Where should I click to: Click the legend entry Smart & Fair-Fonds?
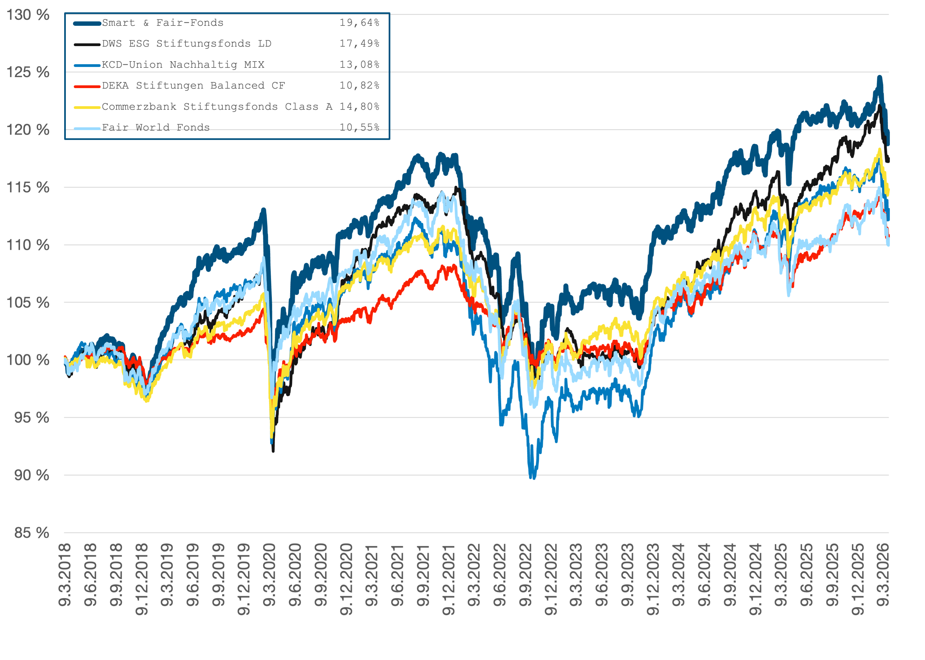(163, 23)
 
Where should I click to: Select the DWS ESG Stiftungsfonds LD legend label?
(186, 44)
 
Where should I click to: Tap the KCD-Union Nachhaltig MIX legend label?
(183, 65)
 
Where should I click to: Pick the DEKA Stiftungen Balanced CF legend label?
(193, 86)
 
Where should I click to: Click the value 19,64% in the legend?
(359, 23)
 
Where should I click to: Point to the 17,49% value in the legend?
(359, 44)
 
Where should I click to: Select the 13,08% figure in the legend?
(359, 65)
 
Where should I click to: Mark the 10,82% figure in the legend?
(359, 86)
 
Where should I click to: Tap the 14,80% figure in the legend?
(359, 107)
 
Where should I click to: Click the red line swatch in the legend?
(87, 86)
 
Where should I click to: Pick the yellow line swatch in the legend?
(87, 107)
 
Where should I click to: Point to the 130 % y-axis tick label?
(28, 15)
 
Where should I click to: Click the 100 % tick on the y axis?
(28, 360)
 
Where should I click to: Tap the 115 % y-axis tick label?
(28, 188)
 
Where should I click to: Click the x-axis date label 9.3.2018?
(65, 575)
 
